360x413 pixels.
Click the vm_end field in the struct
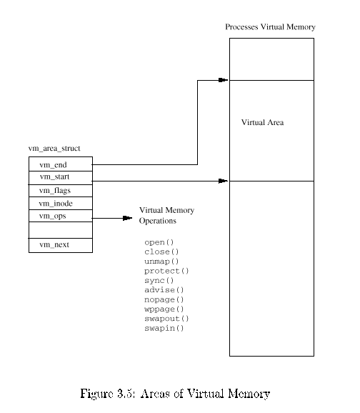tap(61, 164)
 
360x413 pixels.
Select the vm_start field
tap(61, 178)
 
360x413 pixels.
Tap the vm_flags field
tap(61, 191)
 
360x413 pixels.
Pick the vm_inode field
tap(61, 204)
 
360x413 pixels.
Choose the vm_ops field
tap(61, 216)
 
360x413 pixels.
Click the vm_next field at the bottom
tap(61, 246)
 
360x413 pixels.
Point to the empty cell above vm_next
tap(61, 230)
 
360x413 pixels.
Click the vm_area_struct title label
tap(54, 149)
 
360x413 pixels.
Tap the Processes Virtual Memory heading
tap(270, 27)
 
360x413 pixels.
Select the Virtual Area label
tap(263, 122)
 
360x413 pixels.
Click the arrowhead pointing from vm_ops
tap(127, 218)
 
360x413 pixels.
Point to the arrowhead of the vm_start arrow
tap(224, 181)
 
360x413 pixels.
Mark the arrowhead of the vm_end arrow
tap(224, 80)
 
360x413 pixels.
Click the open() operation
tap(159, 242)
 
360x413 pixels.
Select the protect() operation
tap(166, 271)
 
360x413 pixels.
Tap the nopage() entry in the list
tap(164, 299)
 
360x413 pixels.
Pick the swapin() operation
tap(164, 328)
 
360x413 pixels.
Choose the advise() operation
tap(164, 290)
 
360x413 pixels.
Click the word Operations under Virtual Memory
tap(157, 221)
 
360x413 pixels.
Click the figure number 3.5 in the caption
tap(124, 394)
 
